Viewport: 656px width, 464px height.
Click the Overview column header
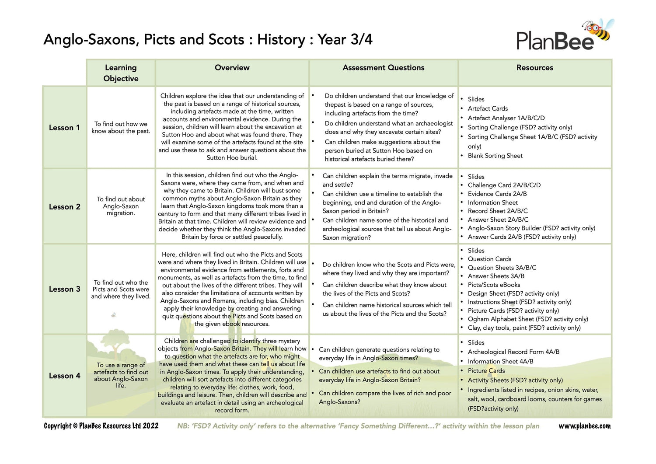tap(232, 68)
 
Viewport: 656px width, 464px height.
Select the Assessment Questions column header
tap(383, 68)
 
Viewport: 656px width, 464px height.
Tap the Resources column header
tap(534, 68)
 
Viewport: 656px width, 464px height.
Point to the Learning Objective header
tap(121, 73)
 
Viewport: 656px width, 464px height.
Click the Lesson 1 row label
tap(64, 128)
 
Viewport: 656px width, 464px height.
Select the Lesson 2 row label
tap(64, 207)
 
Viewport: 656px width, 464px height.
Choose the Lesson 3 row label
tap(64, 289)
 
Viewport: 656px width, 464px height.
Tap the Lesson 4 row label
tap(64, 376)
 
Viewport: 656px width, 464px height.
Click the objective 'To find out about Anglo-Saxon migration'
tap(121, 206)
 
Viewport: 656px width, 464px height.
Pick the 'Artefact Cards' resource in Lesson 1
tap(488, 108)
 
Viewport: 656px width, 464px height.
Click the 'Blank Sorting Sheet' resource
tap(495, 156)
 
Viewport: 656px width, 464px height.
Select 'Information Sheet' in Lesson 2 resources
tap(492, 202)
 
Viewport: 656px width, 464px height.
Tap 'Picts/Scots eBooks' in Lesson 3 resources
tap(494, 285)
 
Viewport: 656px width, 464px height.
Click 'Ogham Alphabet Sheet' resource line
tap(527, 319)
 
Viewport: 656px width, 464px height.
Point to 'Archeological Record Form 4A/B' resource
tap(513, 352)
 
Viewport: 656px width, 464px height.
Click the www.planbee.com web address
tap(585, 426)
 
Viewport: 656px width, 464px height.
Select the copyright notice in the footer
tap(101, 426)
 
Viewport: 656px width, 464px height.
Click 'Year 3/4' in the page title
tap(345, 40)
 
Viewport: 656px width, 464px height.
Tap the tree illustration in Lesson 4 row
tap(116, 348)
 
